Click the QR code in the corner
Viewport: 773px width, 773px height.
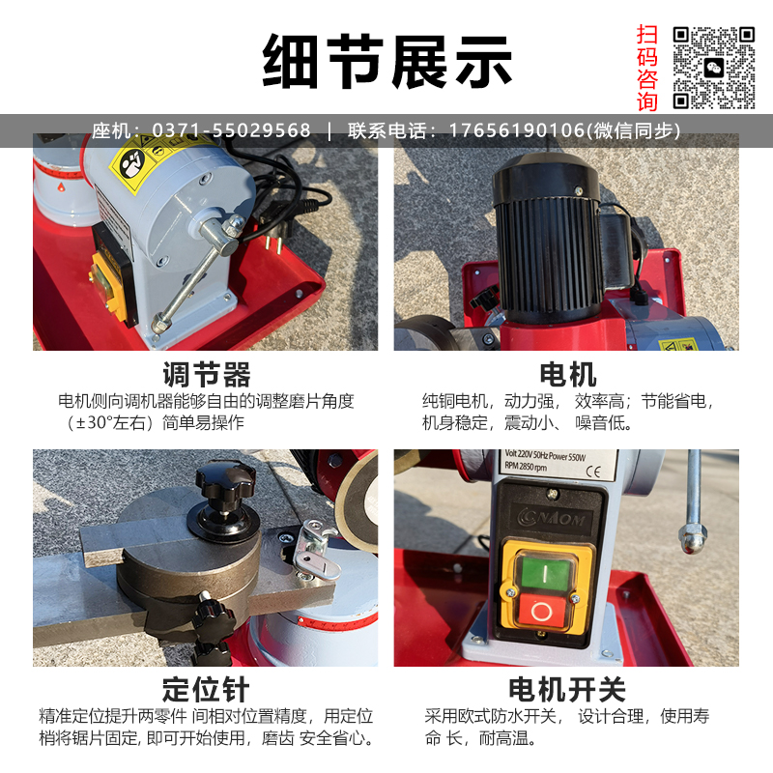tap(714, 68)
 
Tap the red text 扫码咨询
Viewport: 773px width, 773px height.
tap(646, 68)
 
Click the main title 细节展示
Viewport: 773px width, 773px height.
tap(387, 62)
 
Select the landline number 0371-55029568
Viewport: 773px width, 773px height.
tap(231, 130)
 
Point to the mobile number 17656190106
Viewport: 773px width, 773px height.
tap(516, 130)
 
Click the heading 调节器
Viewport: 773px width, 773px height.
tap(207, 374)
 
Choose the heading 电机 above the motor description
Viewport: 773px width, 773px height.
tap(568, 374)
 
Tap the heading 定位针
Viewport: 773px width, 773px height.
tap(206, 689)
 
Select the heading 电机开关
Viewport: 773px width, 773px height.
tap(567, 689)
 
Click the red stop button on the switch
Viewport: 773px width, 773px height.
tap(541, 612)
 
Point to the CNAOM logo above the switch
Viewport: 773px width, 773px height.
tap(551, 519)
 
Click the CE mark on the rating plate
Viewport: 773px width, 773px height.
tap(593, 472)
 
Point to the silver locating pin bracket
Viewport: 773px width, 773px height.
tap(316, 549)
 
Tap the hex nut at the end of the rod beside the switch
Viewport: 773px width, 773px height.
tap(693, 537)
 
